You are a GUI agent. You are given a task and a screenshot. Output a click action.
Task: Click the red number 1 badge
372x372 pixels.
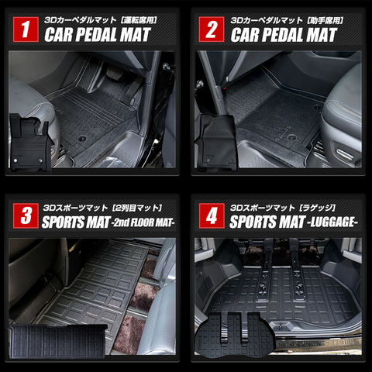[x=26, y=29]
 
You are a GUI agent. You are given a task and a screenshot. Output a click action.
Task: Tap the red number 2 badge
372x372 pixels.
[x=212, y=29]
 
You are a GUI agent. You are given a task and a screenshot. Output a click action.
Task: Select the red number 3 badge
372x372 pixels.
[x=26, y=215]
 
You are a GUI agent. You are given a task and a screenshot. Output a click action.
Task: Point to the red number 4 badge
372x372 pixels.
[x=212, y=215]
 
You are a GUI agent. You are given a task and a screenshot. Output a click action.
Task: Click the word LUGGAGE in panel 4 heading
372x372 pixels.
[x=332, y=222]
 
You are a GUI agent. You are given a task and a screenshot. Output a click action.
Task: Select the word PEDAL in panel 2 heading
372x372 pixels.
[x=282, y=35]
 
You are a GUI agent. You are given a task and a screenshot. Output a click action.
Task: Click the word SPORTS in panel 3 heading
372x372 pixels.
[x=63, y=222]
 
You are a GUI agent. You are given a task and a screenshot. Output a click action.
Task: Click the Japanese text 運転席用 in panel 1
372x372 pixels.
[x=139, y=20]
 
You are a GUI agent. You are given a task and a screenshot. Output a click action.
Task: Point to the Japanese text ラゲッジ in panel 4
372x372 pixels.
[x=317, y=208]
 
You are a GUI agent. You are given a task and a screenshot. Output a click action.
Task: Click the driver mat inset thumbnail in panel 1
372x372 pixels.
[x=30, y=143]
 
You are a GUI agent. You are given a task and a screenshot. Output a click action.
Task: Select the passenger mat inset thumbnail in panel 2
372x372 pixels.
[x=216, y=143]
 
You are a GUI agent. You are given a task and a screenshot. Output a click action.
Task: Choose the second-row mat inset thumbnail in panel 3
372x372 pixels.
[x=58, y=341]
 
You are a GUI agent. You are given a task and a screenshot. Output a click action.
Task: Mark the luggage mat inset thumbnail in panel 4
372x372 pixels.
[x=234, y=335]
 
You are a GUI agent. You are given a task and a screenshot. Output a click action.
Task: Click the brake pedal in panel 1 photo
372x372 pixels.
[x=113, y=73]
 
